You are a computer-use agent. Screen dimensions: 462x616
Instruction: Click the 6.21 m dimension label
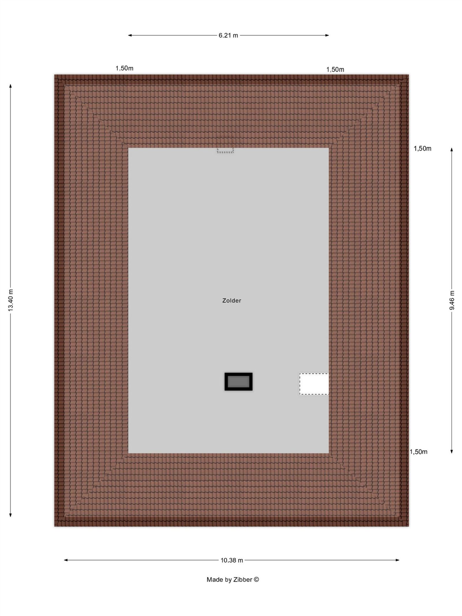point(228,36)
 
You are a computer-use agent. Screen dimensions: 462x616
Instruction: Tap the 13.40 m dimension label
point(11,300)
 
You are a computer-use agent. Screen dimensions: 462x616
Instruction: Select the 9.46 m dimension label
point(452,300)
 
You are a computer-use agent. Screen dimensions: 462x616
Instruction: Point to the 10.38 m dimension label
point(232,560)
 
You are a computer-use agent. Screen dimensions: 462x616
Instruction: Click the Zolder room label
point(232,301)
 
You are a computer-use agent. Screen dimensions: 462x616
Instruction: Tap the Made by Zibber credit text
point(233,579)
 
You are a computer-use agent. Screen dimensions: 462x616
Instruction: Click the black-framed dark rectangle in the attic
point(239,381)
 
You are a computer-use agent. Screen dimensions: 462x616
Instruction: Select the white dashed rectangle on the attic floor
point(314,384)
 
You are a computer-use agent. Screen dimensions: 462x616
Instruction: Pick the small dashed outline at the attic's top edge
point(225,145)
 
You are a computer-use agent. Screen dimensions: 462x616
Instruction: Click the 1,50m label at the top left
point(124,68)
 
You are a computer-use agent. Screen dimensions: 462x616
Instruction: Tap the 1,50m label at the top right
point(335,70)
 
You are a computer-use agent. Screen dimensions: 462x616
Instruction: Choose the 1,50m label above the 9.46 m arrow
point(422,148)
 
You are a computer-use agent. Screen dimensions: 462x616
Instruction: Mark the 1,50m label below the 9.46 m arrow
point(418,452)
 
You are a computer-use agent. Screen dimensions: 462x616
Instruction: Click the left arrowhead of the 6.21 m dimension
point(130,36)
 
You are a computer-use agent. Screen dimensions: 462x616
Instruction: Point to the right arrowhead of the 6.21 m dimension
point(327,36)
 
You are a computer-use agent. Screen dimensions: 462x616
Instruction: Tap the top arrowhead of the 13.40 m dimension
point(11,86)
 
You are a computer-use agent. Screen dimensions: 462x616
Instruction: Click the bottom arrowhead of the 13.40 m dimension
point(11,515)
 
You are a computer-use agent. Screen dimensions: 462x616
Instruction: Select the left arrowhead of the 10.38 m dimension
point(66,560)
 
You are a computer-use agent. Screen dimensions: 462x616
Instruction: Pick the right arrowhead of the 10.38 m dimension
point(397,560)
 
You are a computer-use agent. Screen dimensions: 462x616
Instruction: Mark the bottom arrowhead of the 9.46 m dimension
point(452,452)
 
